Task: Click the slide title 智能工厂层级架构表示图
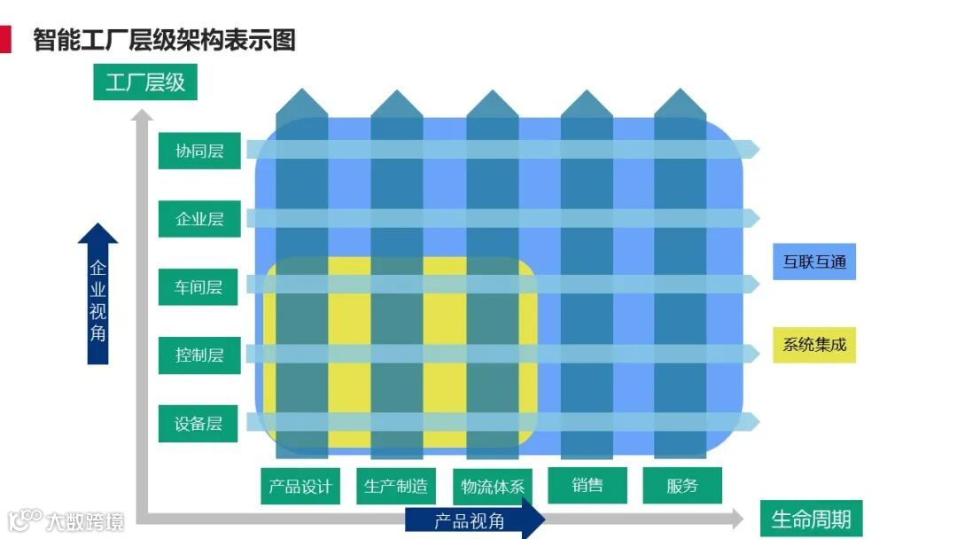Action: pos(164,40)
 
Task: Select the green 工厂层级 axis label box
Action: pos(145,82)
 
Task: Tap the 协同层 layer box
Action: pos(198,151)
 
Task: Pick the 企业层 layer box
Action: pos(199,219)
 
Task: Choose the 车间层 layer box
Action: pos(198,287)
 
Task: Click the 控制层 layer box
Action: pos(199,355)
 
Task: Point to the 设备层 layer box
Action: pos(198,423)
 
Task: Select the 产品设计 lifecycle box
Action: pos(300,486)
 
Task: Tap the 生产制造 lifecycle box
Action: pos(395,486)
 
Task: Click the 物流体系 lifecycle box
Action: pos(493,486)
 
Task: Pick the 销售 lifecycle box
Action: pos(587,485)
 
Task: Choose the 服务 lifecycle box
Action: pos(682,485)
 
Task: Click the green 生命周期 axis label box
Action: pos(811,519)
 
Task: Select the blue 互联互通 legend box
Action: pos(814,262)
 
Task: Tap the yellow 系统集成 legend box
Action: pos(814,344)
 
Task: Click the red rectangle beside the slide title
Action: pos(5,39)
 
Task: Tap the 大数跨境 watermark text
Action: pos(86,520)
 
